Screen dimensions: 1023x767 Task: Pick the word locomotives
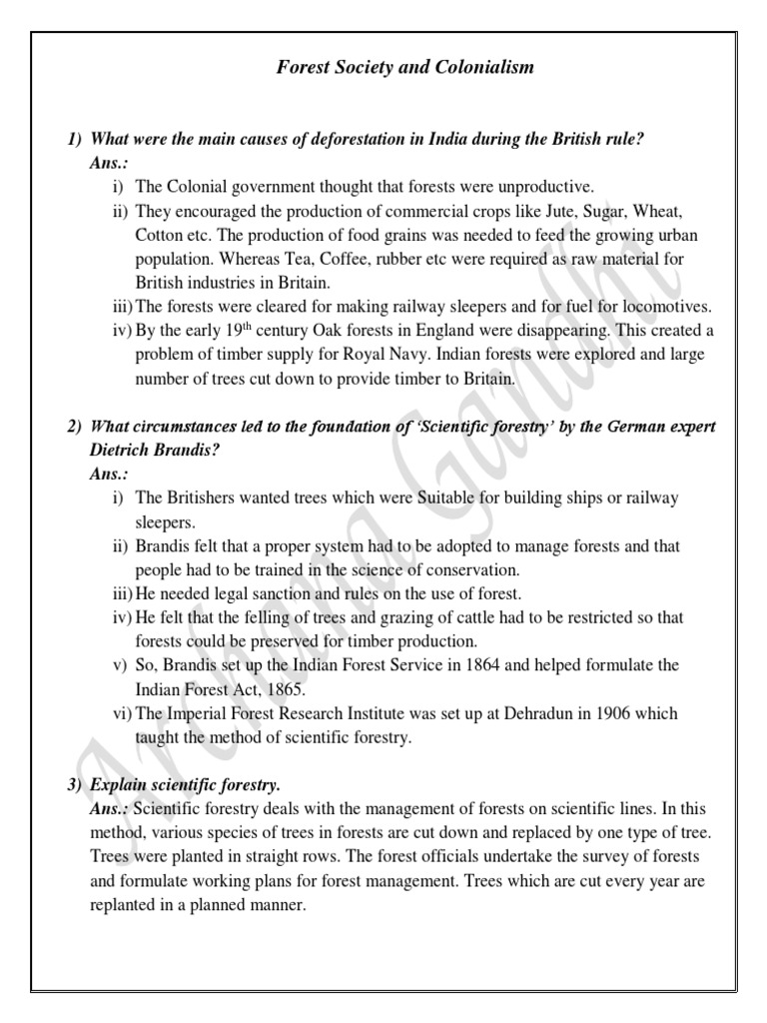[x=665, y=308]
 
